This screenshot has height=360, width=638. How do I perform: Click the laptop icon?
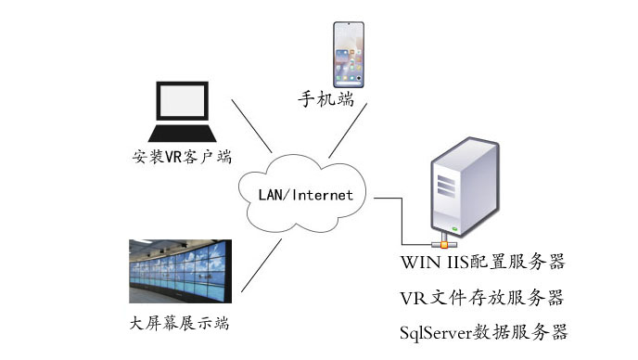click(181, 110)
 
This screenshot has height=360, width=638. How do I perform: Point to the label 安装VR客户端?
click(182, 156)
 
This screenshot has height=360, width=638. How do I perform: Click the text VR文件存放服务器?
click(481, 298)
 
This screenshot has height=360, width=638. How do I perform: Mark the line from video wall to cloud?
click(263, 264)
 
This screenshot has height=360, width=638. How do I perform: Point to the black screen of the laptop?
click(182, 102)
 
